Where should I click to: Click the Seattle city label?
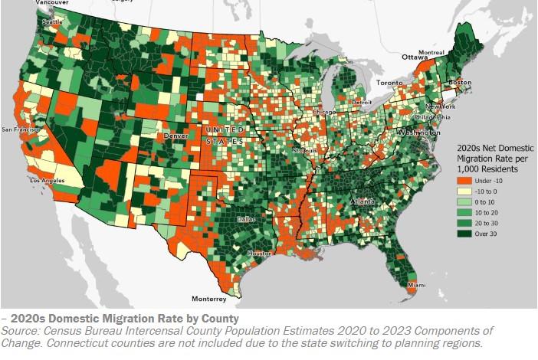31,21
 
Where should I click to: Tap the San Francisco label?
21,129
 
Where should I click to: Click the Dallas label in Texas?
247,219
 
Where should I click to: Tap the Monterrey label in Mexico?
209,298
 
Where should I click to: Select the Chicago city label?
323,113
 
